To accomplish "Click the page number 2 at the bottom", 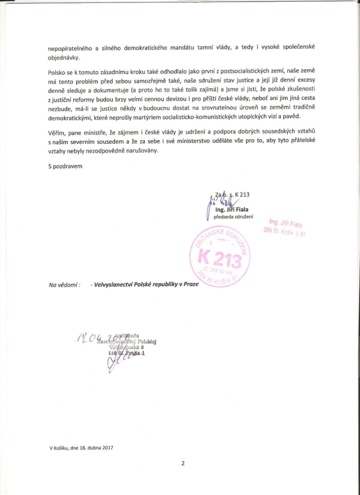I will pyautogui.click(x=183, y=463).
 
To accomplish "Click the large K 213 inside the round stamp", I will pyautogui.click(x=219, y=258).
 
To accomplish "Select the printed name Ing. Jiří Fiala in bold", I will pyautogui.click(x=232, y=210).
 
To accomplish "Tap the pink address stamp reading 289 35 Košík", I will pyautogui.click(x=284, y=231).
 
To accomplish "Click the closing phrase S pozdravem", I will pyautogui.click(x=65, y=165).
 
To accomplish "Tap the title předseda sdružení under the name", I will pyautogui.click(x=233, y=216).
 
